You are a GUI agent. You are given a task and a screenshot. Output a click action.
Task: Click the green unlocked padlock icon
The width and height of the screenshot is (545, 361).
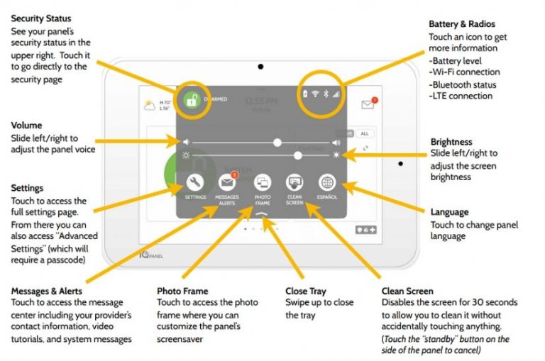tap(190, 101)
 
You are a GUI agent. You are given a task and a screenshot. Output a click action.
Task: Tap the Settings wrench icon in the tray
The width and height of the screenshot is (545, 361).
tap(194, 182)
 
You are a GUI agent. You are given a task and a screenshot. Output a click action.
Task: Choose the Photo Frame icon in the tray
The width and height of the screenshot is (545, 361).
tap(262, 182)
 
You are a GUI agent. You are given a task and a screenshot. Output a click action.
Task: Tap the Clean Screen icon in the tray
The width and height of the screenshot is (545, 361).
tap(295, 182)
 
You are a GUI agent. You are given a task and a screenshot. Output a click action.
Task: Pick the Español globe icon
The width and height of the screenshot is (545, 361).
tap(327, 182)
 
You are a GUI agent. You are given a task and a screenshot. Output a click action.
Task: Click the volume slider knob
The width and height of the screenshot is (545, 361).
tap(277, 143)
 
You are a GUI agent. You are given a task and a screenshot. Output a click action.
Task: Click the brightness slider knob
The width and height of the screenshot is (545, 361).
tap(297, 155)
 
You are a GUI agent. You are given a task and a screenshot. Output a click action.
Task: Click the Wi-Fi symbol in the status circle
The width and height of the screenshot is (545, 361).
tap(316, 94)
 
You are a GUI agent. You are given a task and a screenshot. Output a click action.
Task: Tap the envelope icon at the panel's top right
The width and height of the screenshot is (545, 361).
tap(368, 104)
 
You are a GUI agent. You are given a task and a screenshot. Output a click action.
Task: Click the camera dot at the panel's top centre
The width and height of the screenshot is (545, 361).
tap(261, 67)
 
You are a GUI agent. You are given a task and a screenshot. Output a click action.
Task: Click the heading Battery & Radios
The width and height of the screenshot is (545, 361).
tap(461, 23)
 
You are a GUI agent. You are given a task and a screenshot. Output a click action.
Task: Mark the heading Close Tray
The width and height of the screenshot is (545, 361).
tap(307, 291)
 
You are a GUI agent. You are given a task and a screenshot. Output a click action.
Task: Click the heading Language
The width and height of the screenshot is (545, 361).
tap(450, 211)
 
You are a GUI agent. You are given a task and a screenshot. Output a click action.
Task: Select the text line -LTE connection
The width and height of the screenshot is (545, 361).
tap(461, 96)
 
